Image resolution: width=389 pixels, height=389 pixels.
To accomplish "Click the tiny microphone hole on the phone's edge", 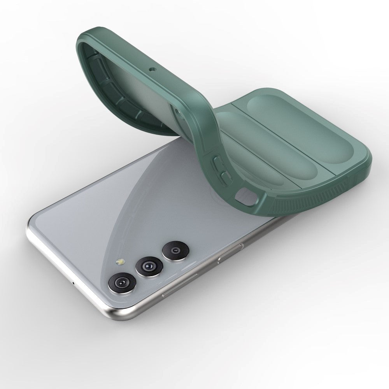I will (74, 281).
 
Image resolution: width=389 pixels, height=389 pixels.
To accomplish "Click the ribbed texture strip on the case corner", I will (288, 198).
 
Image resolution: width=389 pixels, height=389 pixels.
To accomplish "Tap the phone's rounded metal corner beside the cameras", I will (117, 311).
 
